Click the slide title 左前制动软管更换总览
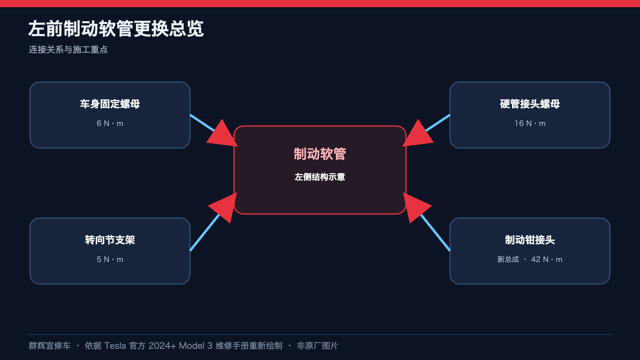click(x=116, y=28)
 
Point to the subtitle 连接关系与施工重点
click(x=68, y=50)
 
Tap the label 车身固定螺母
click(x=110, y=104)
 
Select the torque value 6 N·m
click(x=110, y=124)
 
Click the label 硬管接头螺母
click(x=530, y=104)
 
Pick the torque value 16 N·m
click(x=530, y=124)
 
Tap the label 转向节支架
click(x=110, y=240)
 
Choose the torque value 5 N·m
click(x=110, y=260)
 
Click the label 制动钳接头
click(x=530, y=240)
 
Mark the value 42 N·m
click(x=546, y=260)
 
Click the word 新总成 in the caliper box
click(x=508, y=260)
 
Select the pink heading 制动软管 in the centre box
click(x=320, y=154)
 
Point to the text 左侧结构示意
click(x=320, y=177)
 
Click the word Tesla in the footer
click(x=115, y=346)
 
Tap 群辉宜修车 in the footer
click(x=50, y=346)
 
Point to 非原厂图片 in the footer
click(x=318, y=346)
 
